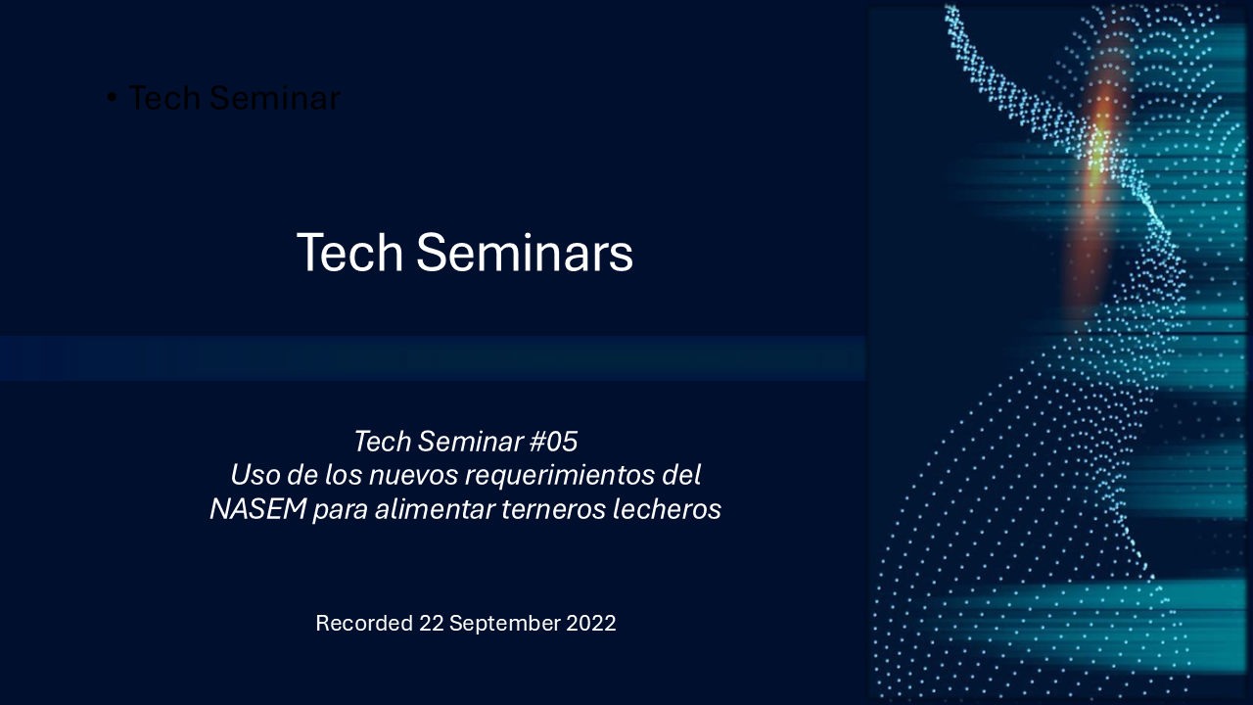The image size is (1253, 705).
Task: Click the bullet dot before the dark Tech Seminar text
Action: click(x=112, y=98)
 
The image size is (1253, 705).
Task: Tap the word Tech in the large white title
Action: click(x=349, y=253)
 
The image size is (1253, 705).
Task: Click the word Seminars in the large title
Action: click(x=525, y=253)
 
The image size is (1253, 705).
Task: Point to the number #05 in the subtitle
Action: click(x=552, y=442)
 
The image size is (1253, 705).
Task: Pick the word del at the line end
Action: click(x=683, y=476)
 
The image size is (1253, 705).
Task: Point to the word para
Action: click(x=340, y=510)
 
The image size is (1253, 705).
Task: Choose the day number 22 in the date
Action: click(x=431, y=624)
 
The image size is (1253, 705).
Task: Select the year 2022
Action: click(x=591, y=624)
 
